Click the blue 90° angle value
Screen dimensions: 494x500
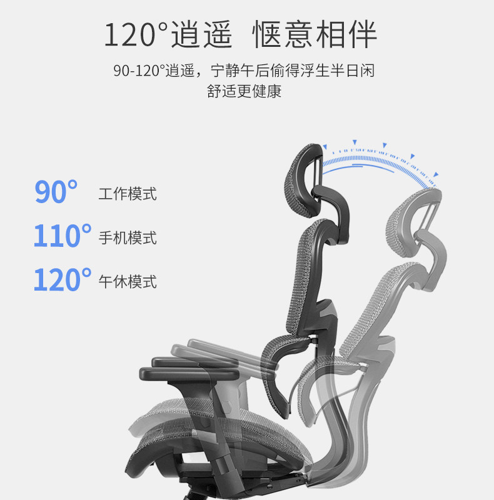[57, 192]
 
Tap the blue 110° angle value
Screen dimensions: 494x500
[63, 236]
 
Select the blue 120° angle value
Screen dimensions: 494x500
[63, 279]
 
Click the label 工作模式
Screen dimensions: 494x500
[128, 194]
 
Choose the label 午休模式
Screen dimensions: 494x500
[128, 281]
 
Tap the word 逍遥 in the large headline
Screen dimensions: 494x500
[201, 34]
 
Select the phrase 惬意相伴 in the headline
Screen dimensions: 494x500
[315, 34]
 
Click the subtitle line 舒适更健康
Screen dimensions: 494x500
[244, 91]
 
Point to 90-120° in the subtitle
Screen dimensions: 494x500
[139, 70]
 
